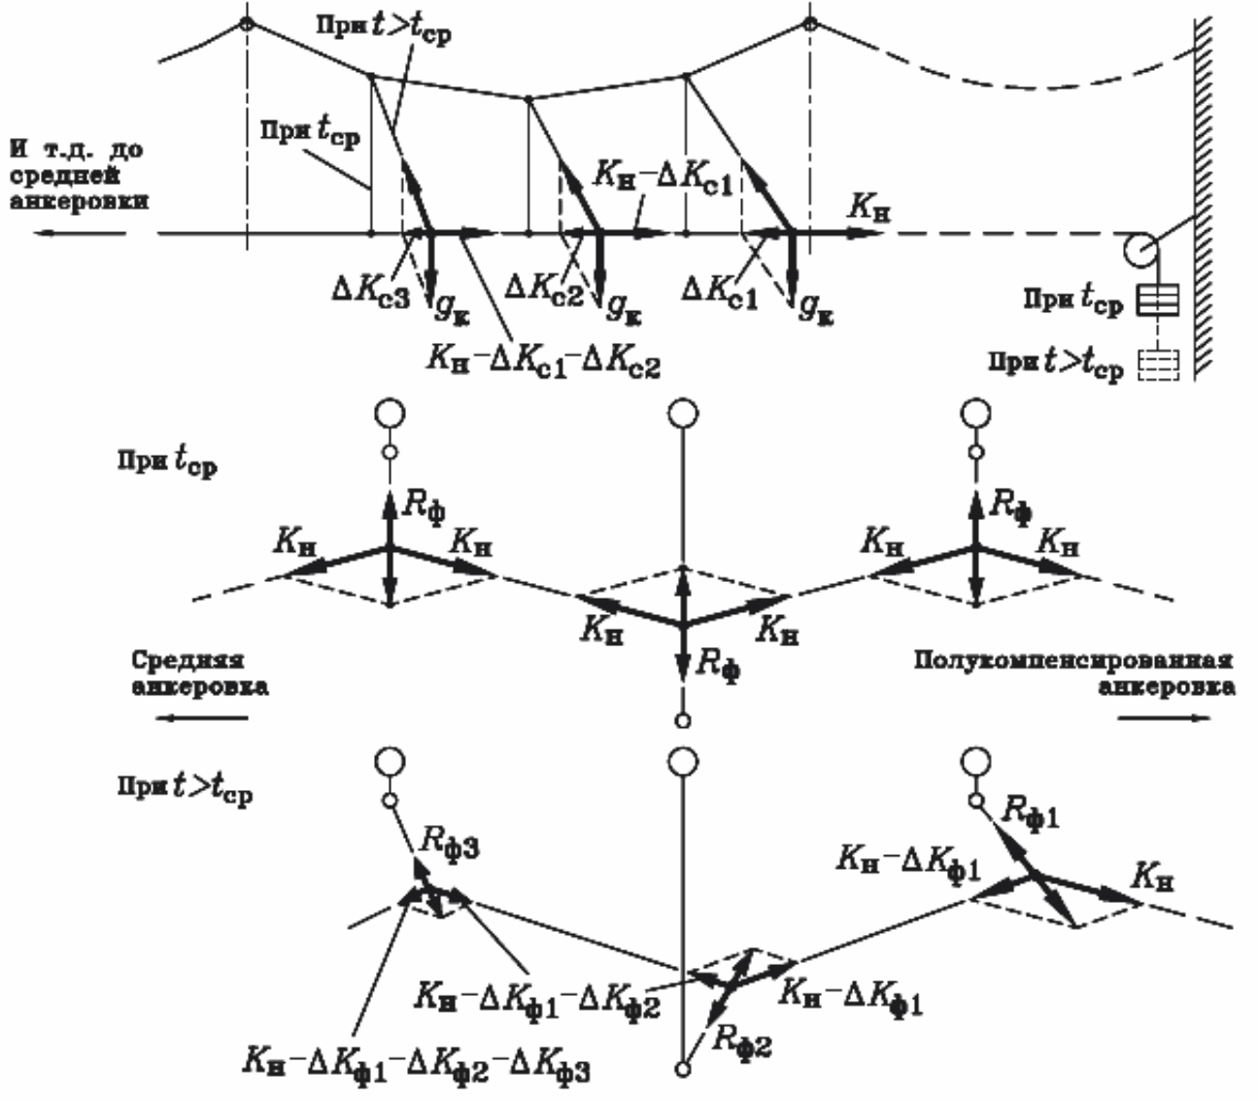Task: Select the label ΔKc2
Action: [545, 289]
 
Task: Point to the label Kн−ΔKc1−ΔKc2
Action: [543, 363]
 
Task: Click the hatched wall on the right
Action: [1205, 194]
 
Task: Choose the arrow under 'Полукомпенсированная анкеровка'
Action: [1164, 719]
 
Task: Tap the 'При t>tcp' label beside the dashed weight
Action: [1056, 368]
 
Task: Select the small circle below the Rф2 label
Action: [683, 1070]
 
